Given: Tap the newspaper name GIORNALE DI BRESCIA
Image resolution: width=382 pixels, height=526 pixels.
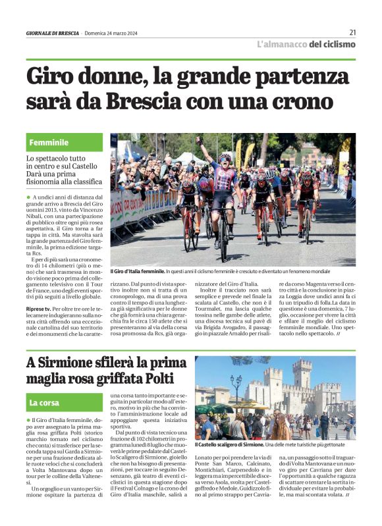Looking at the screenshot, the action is coord(53,33).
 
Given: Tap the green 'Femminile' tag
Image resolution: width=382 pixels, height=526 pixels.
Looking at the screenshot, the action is coord(49,142).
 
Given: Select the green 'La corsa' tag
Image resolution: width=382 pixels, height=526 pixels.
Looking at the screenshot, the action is coord(45,402).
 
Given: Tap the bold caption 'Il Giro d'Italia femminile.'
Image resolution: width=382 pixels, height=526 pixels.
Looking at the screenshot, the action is coord(137,271).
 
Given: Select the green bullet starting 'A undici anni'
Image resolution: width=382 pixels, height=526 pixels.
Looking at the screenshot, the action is coord(28,197).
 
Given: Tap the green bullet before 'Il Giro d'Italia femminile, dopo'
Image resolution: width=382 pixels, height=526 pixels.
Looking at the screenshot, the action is coord(28,419).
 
